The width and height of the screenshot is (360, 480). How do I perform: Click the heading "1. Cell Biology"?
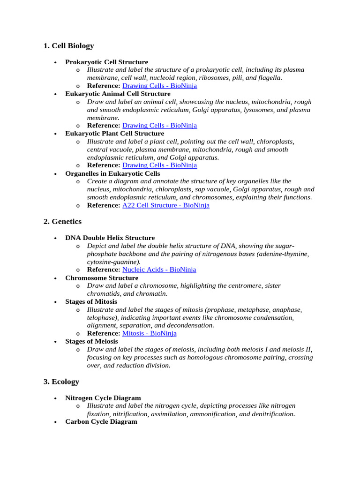(68, 46)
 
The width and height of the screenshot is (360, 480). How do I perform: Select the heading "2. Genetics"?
(62, 221)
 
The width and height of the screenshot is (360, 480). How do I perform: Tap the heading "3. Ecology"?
(61, 382)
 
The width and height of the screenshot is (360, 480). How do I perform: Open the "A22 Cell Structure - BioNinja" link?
(165, 205)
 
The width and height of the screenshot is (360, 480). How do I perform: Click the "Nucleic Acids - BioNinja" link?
(159, 270)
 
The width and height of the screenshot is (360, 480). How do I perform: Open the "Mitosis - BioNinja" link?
(149, 333)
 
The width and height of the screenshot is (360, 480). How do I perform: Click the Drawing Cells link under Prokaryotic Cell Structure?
(159, 86)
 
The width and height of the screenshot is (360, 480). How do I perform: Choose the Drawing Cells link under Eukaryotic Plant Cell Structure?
(159, 165)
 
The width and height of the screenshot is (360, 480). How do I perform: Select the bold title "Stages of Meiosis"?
(91, 341)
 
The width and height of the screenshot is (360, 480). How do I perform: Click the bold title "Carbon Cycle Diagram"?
(101, 421)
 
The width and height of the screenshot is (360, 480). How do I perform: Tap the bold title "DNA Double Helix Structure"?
(110, 238)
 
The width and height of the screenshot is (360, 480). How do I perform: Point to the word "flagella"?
(268, 78)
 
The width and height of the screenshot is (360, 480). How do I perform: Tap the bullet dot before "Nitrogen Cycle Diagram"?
(55, 398)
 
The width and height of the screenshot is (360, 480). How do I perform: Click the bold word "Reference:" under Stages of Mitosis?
(104, 333)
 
